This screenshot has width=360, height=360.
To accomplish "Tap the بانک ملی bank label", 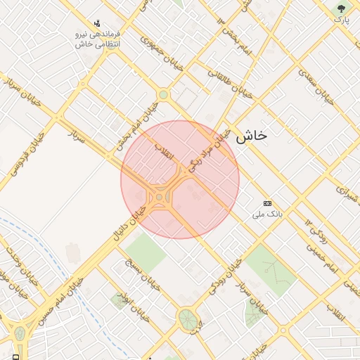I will [x=267, y=213].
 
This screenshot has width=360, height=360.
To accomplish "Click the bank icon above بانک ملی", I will [x=267, y=202].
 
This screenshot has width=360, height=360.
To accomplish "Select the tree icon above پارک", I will [x=342, y=9].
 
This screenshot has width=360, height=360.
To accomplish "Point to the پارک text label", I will [x=342, y=20].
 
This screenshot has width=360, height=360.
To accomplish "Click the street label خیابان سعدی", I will [x=314, y=84].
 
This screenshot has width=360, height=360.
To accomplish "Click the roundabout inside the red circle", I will [x=160, y=198].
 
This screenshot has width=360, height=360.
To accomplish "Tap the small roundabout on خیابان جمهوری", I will [x=163, y=94].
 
